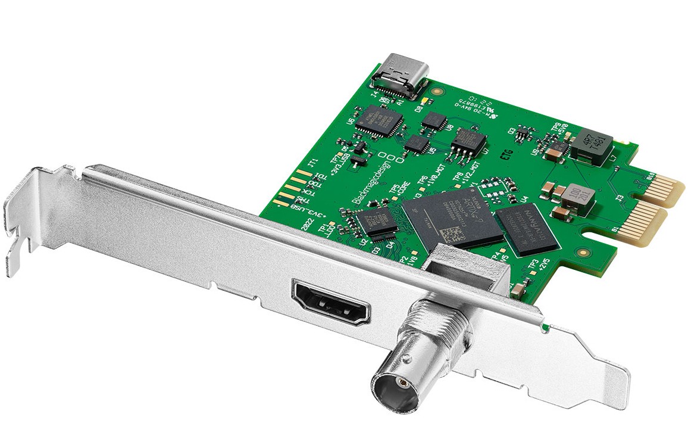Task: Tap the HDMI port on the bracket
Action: (331, 303)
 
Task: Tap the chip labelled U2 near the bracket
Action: (376, 220)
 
